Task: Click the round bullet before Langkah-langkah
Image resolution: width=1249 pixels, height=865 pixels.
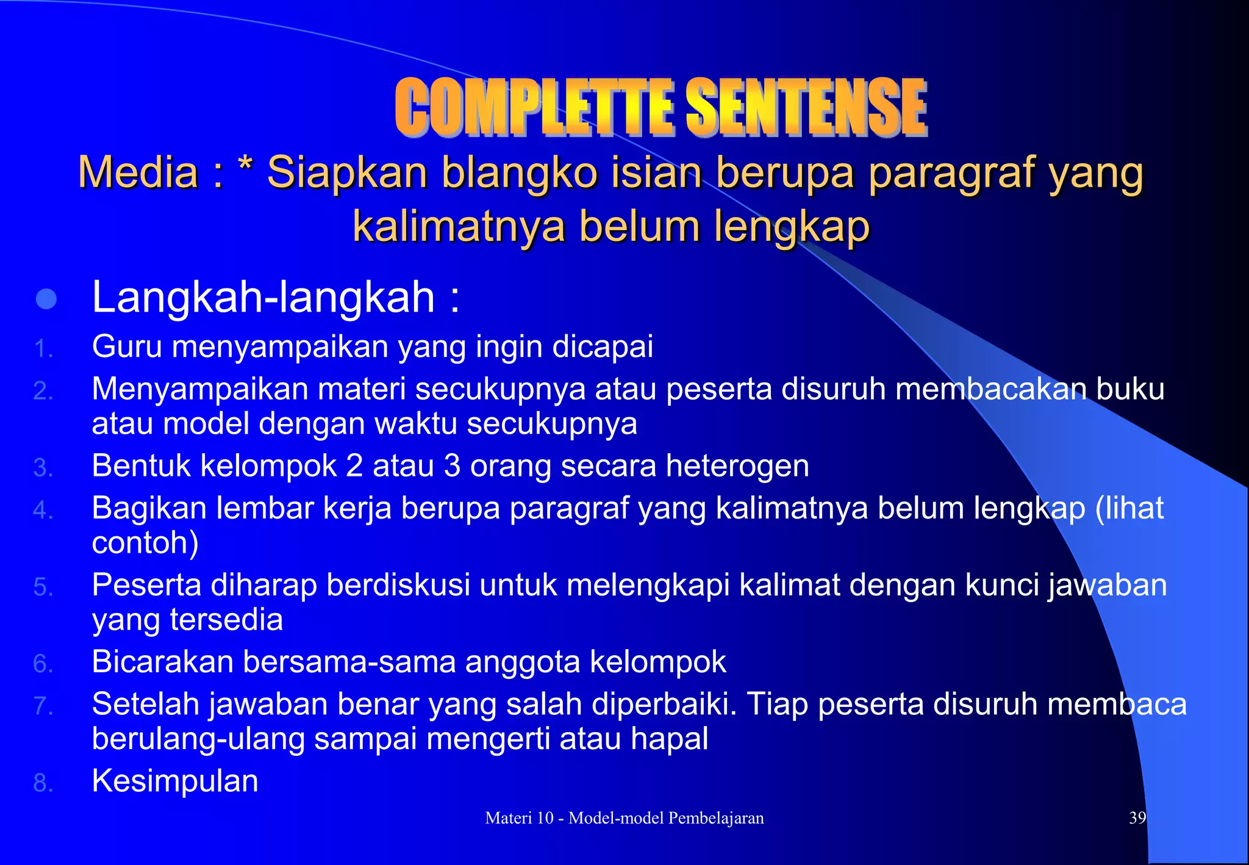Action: click(46, 299)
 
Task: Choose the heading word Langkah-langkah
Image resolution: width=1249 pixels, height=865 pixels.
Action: click(263, 298)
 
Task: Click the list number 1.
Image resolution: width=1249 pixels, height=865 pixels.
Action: click(43, 350)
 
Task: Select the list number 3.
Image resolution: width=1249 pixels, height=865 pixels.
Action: click(43, 468)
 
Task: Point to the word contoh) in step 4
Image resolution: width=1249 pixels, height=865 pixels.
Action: click(145, 542)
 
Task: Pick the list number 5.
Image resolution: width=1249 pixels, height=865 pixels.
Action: click(43, 587)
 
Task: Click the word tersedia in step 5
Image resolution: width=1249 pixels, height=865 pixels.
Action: click(226, 619)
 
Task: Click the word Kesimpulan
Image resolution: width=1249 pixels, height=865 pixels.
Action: click(175, 781)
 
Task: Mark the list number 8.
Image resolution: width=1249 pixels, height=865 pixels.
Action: click(43, 783)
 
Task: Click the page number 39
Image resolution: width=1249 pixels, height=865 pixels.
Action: click(1137, 818)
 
